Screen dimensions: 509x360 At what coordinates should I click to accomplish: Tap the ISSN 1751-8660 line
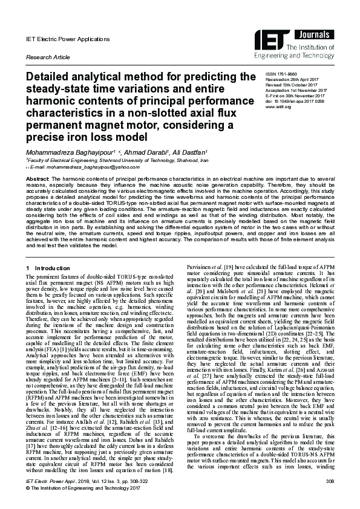coord(280,73)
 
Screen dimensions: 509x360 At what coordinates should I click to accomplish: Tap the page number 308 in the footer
coord(330,481)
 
